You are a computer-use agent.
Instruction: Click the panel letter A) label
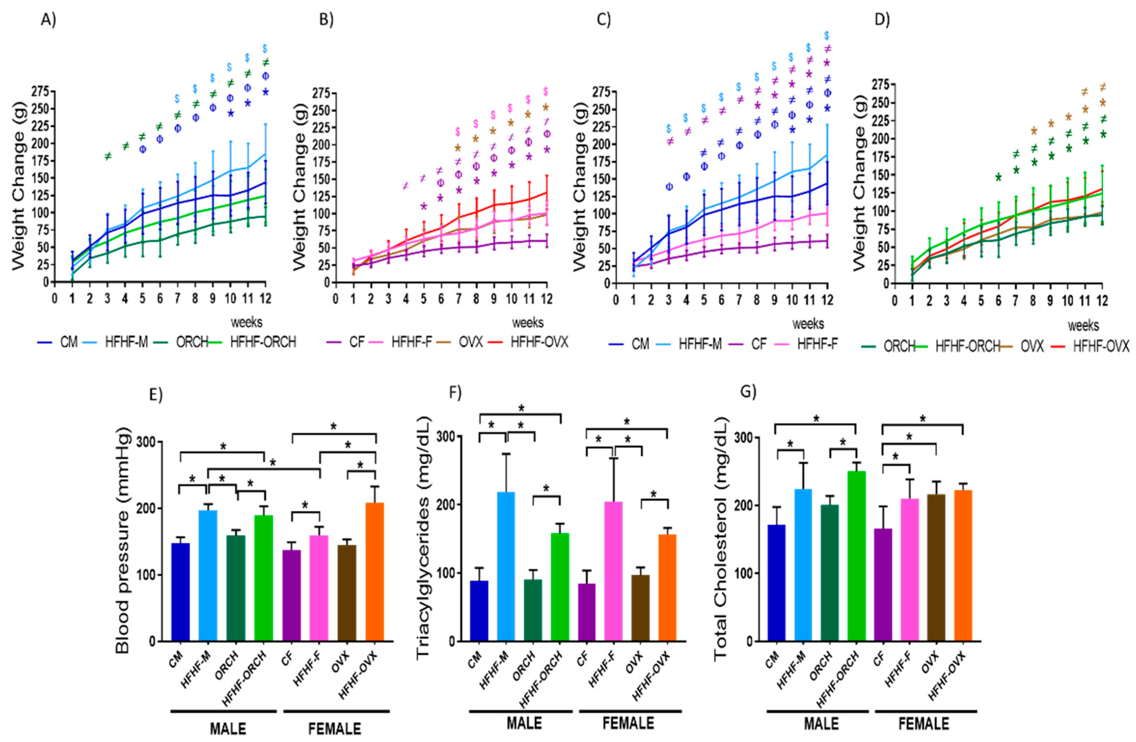[x=48, y=21]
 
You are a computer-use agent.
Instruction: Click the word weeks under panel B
[x=527, y=323]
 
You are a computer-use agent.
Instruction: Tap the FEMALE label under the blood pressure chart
[x=335, y=729]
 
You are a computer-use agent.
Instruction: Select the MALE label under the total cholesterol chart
[x=821, y=723]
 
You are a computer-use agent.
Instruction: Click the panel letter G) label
[x=748, y=392]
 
